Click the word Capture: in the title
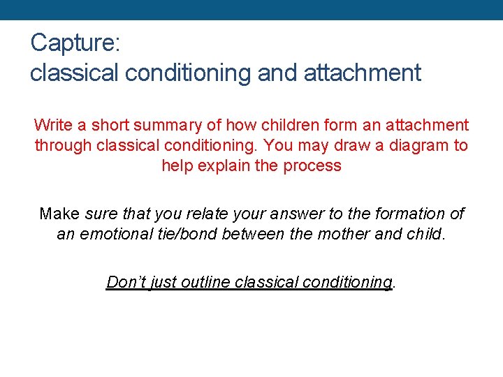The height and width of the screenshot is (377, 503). pyautogui.click(x=75, y=43)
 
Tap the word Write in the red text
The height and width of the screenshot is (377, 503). pyautogui.click(x=53, y=126)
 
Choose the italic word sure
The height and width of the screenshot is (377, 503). pyautogui.click(x=99, y=214)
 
